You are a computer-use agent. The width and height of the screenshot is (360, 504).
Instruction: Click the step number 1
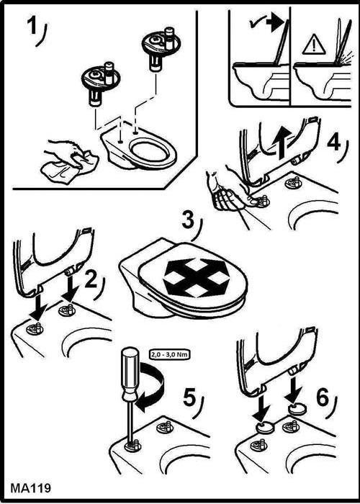pyautogui.click(x=32, y=27)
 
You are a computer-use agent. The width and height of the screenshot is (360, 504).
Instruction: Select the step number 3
pyautogui.click(x=188, y=222)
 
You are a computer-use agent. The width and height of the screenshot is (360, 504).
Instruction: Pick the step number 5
pyautogui.click(x=189, y=399)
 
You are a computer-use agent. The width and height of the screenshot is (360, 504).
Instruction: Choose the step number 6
pyautogui.click(x=323, y=398)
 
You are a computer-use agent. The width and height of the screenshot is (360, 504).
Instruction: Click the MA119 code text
pyautogui.click(x=31, y=488)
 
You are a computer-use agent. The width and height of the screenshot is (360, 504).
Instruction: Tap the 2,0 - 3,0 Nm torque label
pyautogui.click(x=169, y=354)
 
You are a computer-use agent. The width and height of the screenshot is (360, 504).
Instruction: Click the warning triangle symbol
pyautogui.click(x=314, y=45)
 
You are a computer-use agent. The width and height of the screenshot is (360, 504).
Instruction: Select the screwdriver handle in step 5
pyautogui.click(x=131, y=374)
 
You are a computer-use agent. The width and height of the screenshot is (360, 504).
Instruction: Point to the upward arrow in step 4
pyautogui.click(x=282, y=140)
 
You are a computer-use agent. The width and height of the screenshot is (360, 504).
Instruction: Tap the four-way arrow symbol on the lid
pyautogui.click(x=197, y=278)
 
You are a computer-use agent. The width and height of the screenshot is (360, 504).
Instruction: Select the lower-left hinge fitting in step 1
pyautogui.click(x=100, y=82)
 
